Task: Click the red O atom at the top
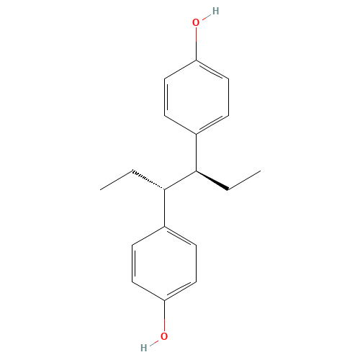[x=196, y=23]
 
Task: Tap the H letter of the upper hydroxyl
[x=215, y=12]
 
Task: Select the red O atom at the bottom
[x=164, y=336]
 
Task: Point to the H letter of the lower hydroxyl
[x=145, y=348]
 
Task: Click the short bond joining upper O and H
[x=205, y=17]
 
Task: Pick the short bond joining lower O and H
[x=154, y=343]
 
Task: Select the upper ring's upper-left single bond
[x=180, y=69]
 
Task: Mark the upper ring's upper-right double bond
[x=212, y=70]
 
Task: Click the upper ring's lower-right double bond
[x=212, y=124]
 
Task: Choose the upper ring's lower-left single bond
[x=180, y=124]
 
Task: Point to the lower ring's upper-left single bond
[x=148, y=236]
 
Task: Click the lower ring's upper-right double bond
[x=181, y=236]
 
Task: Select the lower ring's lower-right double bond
[x=181, y=290]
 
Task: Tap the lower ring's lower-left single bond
[x=148, y=290]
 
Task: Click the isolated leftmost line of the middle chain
[x=116, y=181]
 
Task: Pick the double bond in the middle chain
[x=212, y=181]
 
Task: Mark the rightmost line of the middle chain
[x=244, y=181]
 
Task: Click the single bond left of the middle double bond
[x=180, y=181]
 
